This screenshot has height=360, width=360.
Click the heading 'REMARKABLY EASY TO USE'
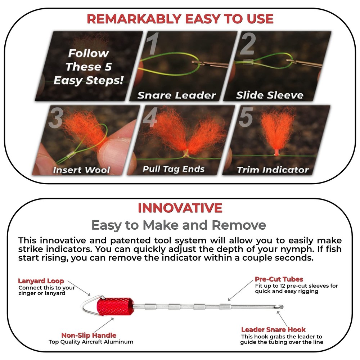pos(180,18)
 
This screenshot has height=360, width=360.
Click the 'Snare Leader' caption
pos(176,95)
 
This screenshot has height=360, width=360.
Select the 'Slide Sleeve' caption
pos(270,95)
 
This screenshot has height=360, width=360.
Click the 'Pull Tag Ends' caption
pos(174,169)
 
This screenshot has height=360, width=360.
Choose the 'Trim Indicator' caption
pos(273,170)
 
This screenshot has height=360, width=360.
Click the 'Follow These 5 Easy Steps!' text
pos(88,67)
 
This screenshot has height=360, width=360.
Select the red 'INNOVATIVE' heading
pos(180,208)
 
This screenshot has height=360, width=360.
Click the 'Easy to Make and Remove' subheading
pos(179,225)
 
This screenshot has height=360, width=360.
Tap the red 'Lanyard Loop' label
pos(41,281)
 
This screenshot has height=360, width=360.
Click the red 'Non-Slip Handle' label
pos(89,335)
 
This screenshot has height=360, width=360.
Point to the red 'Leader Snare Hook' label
pos(273,329)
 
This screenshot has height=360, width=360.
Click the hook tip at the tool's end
pos(281,307)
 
